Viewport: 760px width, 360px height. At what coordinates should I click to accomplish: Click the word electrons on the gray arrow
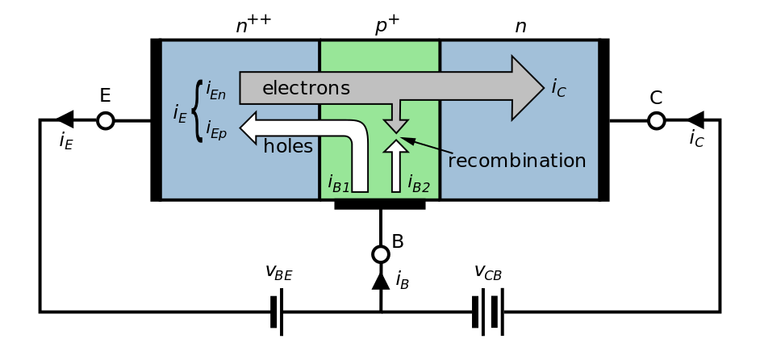(306, 88)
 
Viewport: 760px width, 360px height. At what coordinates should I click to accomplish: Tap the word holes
(288, 147)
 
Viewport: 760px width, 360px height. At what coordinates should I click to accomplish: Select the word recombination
(516, 161)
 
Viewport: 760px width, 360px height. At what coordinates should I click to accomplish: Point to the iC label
(558, 88)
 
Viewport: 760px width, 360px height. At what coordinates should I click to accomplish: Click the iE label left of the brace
(180, 114)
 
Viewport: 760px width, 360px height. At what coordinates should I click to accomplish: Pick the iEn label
(215, 90)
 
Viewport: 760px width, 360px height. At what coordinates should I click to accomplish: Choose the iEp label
(215, 129)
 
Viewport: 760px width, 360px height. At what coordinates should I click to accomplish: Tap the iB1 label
(338, 184)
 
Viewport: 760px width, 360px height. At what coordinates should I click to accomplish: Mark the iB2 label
(418, 184)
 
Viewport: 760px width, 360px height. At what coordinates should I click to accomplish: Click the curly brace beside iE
(198, 111)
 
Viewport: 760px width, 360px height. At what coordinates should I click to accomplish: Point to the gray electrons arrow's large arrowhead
(527, 88)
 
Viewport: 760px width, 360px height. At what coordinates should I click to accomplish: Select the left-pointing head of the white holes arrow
(250, 128)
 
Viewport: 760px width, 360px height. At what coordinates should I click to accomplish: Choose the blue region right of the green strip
(519, 161)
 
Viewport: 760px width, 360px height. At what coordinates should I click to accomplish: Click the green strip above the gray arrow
(379, 57)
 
